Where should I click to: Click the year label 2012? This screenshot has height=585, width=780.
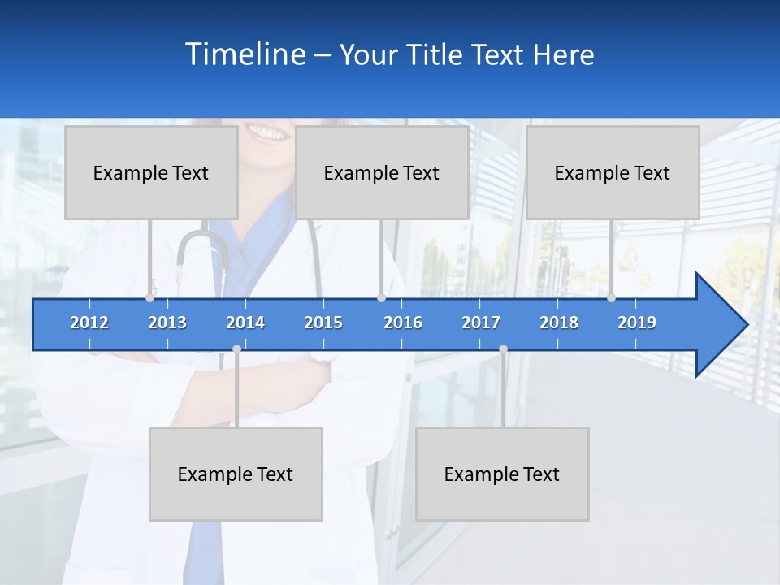[89, 323]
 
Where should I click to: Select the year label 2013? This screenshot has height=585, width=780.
[167, 323]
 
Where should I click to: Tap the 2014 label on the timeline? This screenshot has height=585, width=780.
[245, 323]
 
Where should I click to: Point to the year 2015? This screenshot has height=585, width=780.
[323, 323]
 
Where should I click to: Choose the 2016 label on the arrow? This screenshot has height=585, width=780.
[403, 323]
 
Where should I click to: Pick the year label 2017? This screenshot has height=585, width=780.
[481, 323]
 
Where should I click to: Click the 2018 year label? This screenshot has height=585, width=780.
[559, 323]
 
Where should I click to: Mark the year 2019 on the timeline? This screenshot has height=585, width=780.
[637, 323]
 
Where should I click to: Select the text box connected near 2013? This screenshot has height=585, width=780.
[151, 172]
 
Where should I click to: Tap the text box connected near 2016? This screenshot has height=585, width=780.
[382, 172]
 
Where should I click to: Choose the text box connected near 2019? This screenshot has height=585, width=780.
[613, 172]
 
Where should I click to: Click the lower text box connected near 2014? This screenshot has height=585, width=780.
[236, 474]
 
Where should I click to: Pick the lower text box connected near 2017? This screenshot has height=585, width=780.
[502, 474]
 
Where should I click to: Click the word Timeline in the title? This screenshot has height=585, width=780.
[245, 54]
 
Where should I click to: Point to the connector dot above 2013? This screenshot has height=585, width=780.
[150, 298]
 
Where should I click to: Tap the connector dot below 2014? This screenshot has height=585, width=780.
[236, 349]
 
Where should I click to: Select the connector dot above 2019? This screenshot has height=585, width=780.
[611, 298]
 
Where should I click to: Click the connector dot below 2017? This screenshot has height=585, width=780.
[503, 349]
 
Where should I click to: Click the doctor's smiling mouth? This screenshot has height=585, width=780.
[268, 130]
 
